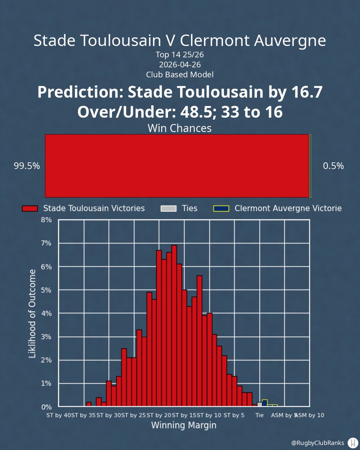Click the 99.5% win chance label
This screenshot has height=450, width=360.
click(x=27, y=166)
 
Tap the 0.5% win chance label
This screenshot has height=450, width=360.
click(x=333, y=166)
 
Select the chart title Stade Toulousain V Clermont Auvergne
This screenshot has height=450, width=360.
click(x=180, y=40)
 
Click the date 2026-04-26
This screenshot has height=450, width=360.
click(x=180, y=64)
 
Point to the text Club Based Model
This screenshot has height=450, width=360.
click(x=180, y=74)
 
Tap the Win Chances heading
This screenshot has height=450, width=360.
click(x=180, y=128)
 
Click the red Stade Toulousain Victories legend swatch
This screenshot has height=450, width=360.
click(x=30, y=208)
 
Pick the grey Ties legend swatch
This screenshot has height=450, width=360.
click(x=168, y=208)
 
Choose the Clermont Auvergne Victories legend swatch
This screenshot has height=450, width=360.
click(x=221, y=208)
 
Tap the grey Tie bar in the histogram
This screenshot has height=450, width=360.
click(x=259, y=404)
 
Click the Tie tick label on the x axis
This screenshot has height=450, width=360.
click(x=259, y=415)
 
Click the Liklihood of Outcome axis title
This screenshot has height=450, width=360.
click(x=33, y=313)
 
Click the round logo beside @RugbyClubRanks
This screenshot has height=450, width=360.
click(x=353, y=442)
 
